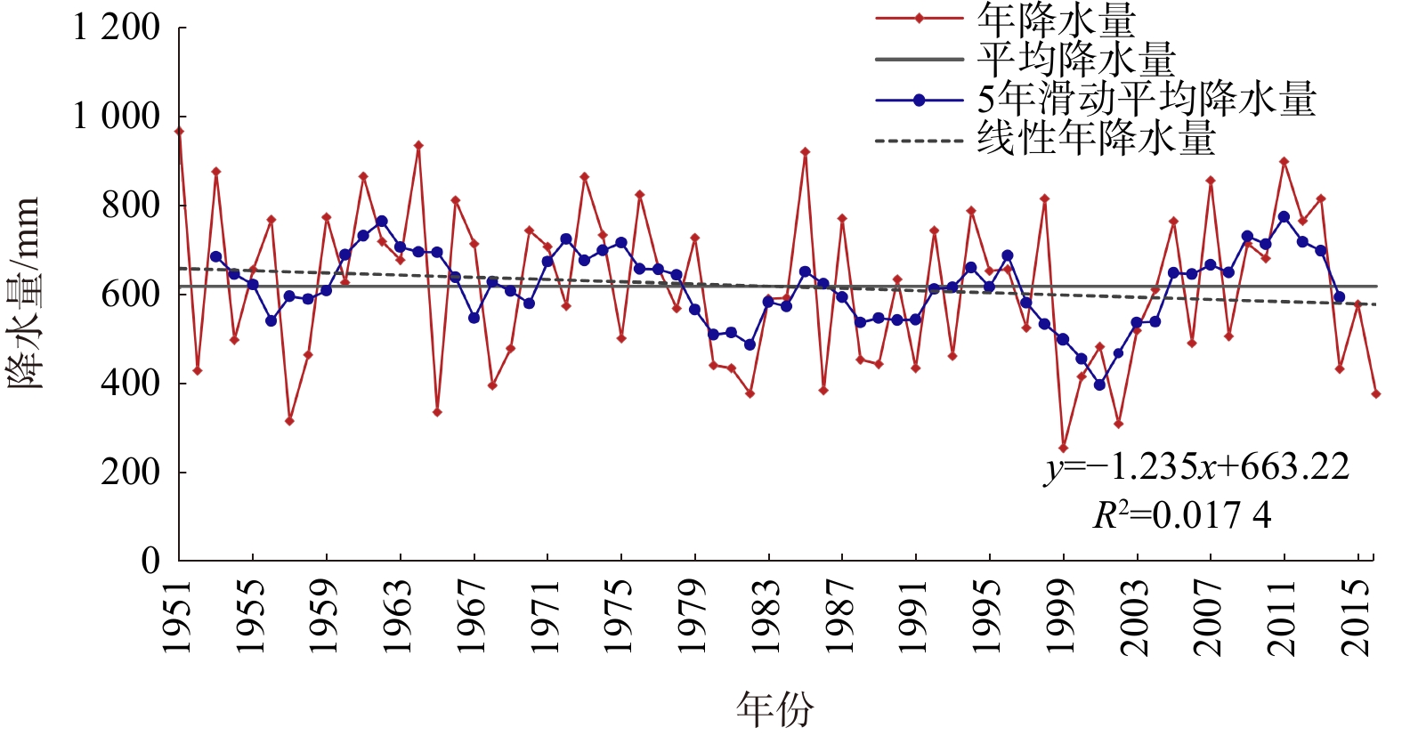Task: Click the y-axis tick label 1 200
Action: pos(116,28)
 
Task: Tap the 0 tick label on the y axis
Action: pos(150,561)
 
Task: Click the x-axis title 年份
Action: pos(774,709)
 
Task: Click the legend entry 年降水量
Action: pos(1056,20)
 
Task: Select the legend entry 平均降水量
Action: pos(1075,59)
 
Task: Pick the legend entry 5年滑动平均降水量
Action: pos(1147,99)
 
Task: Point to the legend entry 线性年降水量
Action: pos(1096,139)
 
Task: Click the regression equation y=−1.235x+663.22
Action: pos(1197,467)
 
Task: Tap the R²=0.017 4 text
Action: pos(1181,514)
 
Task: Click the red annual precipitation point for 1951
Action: pos(179,132)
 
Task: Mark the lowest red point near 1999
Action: pos(1063,449)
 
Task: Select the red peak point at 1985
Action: pos(805,152)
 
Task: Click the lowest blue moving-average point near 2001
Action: pos(1099,384)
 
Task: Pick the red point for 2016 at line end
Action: pos(1375,393)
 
